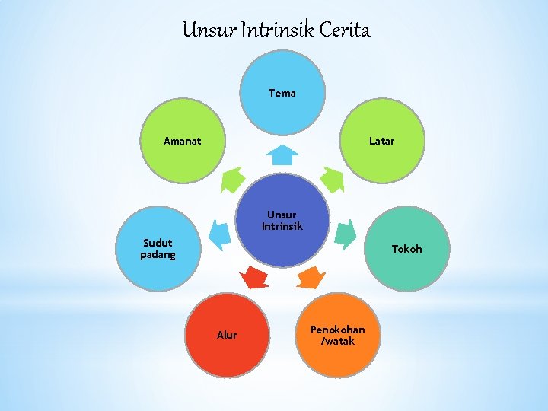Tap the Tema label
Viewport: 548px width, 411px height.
(282, 93)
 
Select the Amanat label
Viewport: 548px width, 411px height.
(183, 141)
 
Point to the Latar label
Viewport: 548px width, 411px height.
(381, 141)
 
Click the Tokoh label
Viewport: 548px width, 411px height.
(406, 249)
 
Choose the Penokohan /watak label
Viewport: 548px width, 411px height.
(337, 335)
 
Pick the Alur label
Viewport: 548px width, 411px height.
(227, 335)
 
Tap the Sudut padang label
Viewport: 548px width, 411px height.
(158, 249)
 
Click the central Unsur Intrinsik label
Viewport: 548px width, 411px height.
(282, 220)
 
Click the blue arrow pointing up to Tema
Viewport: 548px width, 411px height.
(282, 155)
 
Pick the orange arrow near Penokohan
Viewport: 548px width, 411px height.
(310, 277)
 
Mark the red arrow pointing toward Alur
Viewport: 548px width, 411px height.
(254, 277)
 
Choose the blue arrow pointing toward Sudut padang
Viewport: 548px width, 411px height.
(219, 234)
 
